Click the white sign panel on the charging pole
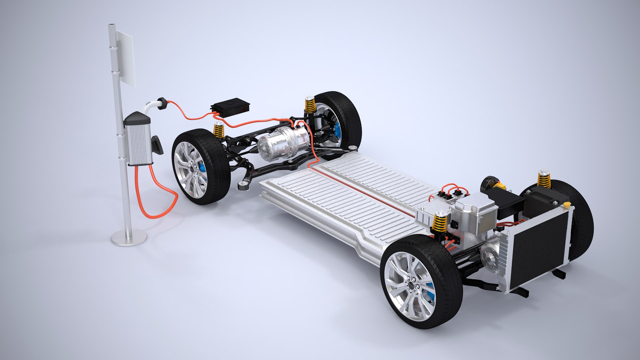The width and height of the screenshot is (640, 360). [125, 58]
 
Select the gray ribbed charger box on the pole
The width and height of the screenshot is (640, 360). [138, 142]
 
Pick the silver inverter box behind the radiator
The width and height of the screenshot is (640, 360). [475, 213]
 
